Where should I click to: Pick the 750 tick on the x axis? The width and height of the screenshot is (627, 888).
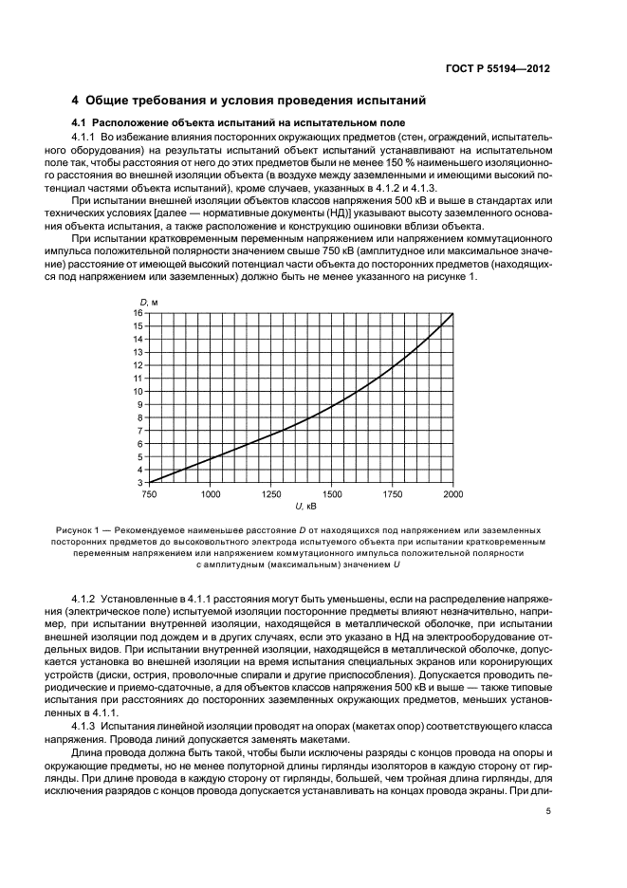pyautogui.click(x=149, y=494)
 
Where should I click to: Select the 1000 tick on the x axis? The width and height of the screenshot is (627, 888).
pyautogui.click(x=210, y=494)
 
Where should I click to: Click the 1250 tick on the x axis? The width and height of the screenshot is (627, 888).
pyautogui.click(x=270, y=494)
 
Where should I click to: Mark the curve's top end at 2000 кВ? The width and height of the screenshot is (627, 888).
pyautogui.click(x=452, y=313)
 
